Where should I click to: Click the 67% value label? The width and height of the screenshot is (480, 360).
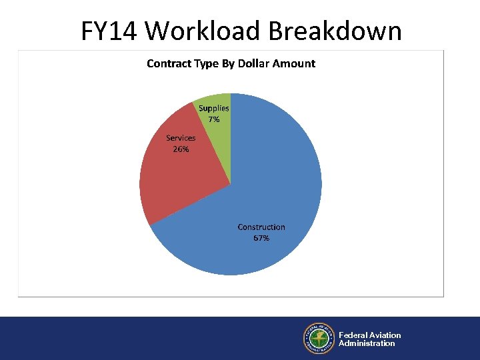tap(261, 238)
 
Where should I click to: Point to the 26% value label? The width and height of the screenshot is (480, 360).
tap(181, 149)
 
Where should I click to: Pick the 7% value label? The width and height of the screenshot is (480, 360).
tap(214, 119)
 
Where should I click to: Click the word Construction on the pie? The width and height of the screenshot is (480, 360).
tap(261, 227)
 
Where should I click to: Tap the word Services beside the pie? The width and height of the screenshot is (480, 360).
tap(181, 138)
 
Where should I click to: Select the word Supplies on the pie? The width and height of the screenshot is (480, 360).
tap(214, 108)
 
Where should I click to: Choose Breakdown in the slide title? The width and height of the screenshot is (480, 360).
tap(335, 31)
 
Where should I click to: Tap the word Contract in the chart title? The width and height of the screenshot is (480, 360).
tap(168, 64)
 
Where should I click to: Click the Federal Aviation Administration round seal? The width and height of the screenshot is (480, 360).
tap(319, 339)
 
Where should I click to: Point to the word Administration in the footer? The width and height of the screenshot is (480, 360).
tap(367, 344)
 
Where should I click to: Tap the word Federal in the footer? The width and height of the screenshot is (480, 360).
tap(353, 335)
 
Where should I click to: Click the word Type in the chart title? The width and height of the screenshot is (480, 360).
tap(205, 64)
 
